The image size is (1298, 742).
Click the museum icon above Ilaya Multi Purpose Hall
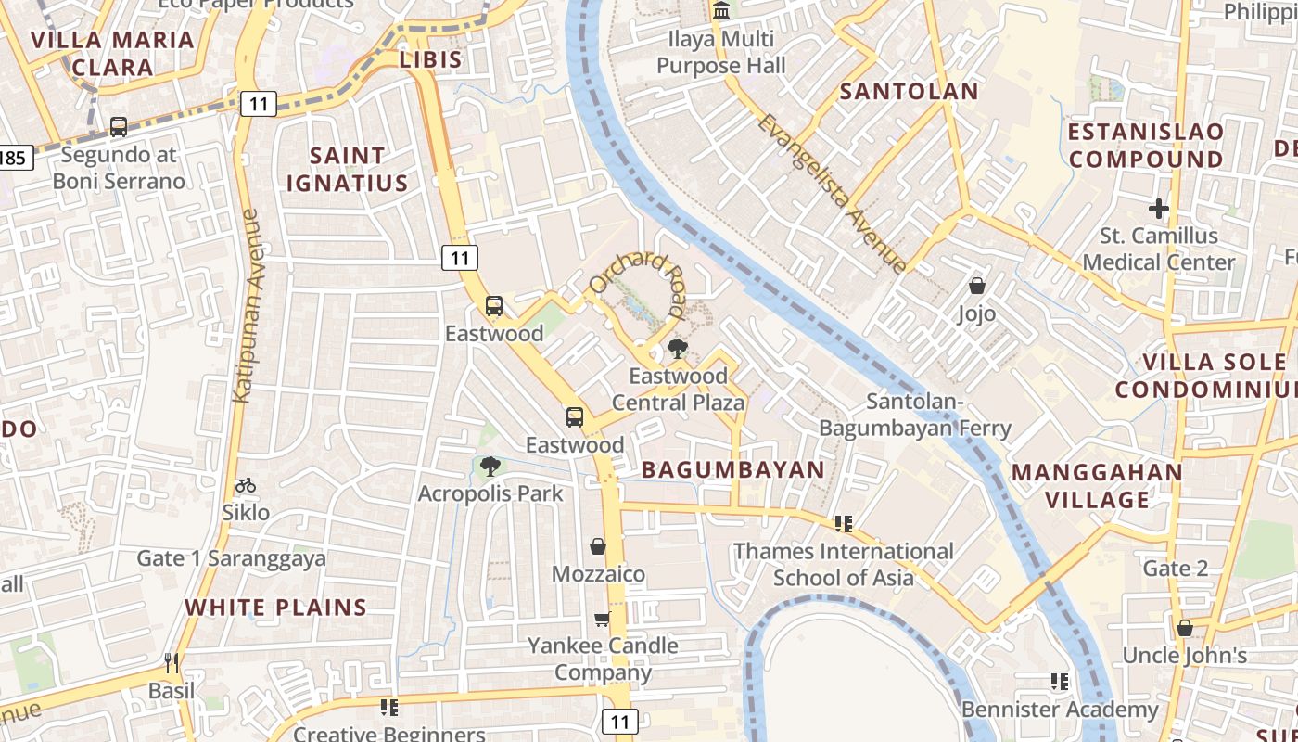(720, 11)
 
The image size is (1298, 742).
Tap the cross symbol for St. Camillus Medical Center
(1158, 209)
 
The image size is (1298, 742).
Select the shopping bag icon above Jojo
(976, 286)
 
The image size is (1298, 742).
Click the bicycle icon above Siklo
(246, 484)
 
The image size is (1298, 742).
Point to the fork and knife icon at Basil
(172, 662)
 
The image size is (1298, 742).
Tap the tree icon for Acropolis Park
(490, 466)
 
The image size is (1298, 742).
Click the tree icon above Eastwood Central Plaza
(678, 349)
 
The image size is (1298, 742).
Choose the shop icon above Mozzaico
(598, 546)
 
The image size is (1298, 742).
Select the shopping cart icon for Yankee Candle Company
(603, 618)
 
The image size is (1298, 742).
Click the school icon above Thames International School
(843, 524)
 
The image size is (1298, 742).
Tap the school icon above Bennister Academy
(1060, 682)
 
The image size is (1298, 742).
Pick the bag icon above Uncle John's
(1184, 628)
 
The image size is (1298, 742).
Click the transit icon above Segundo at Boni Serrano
(119, 126)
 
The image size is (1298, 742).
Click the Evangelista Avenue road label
(832, 194)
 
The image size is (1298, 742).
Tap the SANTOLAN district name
(909, 91)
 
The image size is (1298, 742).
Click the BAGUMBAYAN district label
(732, 469)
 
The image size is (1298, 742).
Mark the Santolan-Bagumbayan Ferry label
(914, 415)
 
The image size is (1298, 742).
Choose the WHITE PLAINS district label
(276, 608)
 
